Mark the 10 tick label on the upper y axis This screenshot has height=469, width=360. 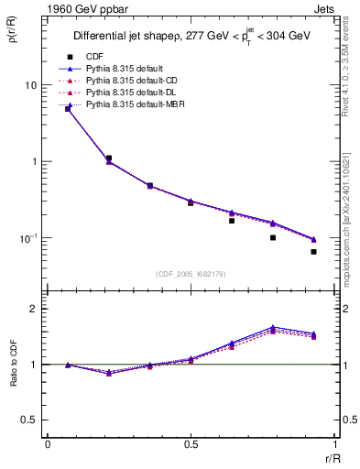31,85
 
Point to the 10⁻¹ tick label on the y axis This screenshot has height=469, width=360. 29,238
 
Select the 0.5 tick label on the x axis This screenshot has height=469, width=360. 191,445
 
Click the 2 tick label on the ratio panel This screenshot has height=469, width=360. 34,309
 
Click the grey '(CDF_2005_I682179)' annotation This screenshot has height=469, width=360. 191,273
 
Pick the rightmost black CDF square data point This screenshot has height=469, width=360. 313,252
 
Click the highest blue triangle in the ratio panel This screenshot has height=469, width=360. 273,327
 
